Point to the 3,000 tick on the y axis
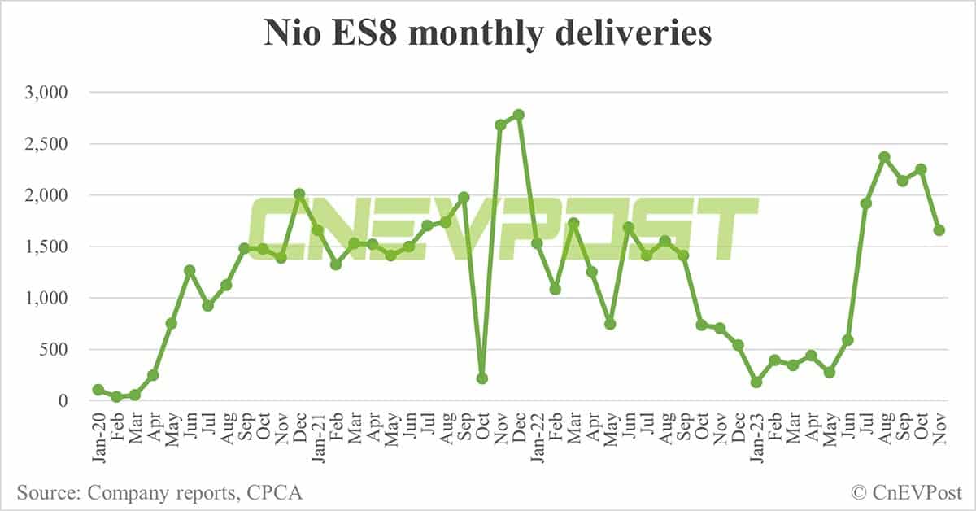46,93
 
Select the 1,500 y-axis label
46,247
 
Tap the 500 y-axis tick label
56,350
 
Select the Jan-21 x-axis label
318,440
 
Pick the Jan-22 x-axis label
538,440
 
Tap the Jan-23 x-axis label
756,440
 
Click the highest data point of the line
519,115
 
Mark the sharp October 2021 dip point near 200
482,378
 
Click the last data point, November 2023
939,230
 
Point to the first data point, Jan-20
98,390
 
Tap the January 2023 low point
756,382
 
